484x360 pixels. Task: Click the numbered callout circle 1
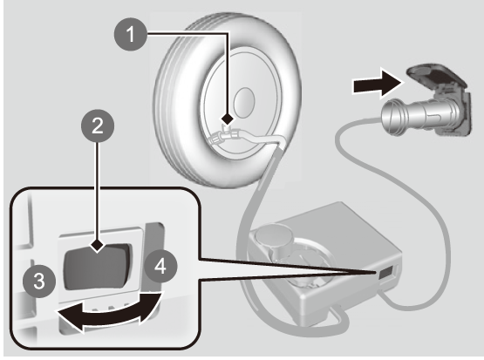131,34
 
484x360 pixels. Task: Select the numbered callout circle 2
98,126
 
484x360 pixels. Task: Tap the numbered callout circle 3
39,281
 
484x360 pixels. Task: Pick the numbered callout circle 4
160,266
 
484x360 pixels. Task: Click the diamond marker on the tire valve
228,119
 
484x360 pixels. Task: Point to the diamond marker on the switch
98,246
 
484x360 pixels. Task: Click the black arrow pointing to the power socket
378,84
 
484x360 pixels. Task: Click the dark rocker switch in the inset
98,267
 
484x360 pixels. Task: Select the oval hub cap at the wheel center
244,103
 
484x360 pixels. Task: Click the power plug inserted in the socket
419,116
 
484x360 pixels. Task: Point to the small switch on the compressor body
385,273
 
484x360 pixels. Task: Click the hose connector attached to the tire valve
225,136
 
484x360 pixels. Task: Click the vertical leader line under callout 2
98,191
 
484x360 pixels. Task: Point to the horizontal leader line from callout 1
188,33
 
